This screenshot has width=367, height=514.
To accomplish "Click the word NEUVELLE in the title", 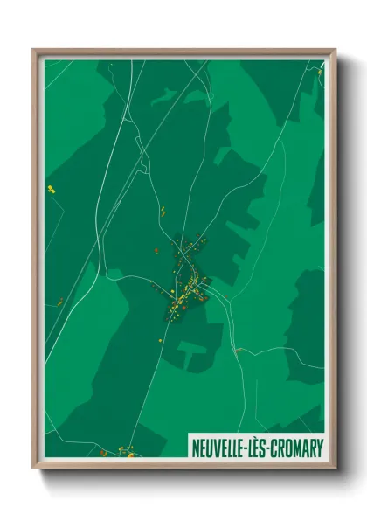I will point(218,448).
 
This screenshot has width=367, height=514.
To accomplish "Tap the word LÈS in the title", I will point(262,448).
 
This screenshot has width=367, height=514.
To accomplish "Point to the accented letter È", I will point(262,448).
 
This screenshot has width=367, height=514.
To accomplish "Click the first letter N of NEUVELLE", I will point(196,448).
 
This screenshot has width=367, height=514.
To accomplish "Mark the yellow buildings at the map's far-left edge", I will point(51,189).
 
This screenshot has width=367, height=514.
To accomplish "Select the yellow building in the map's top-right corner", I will point(320,72).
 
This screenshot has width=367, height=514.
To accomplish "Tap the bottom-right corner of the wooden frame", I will point(334,467).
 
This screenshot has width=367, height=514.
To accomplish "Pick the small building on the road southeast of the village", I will point(236,351).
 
